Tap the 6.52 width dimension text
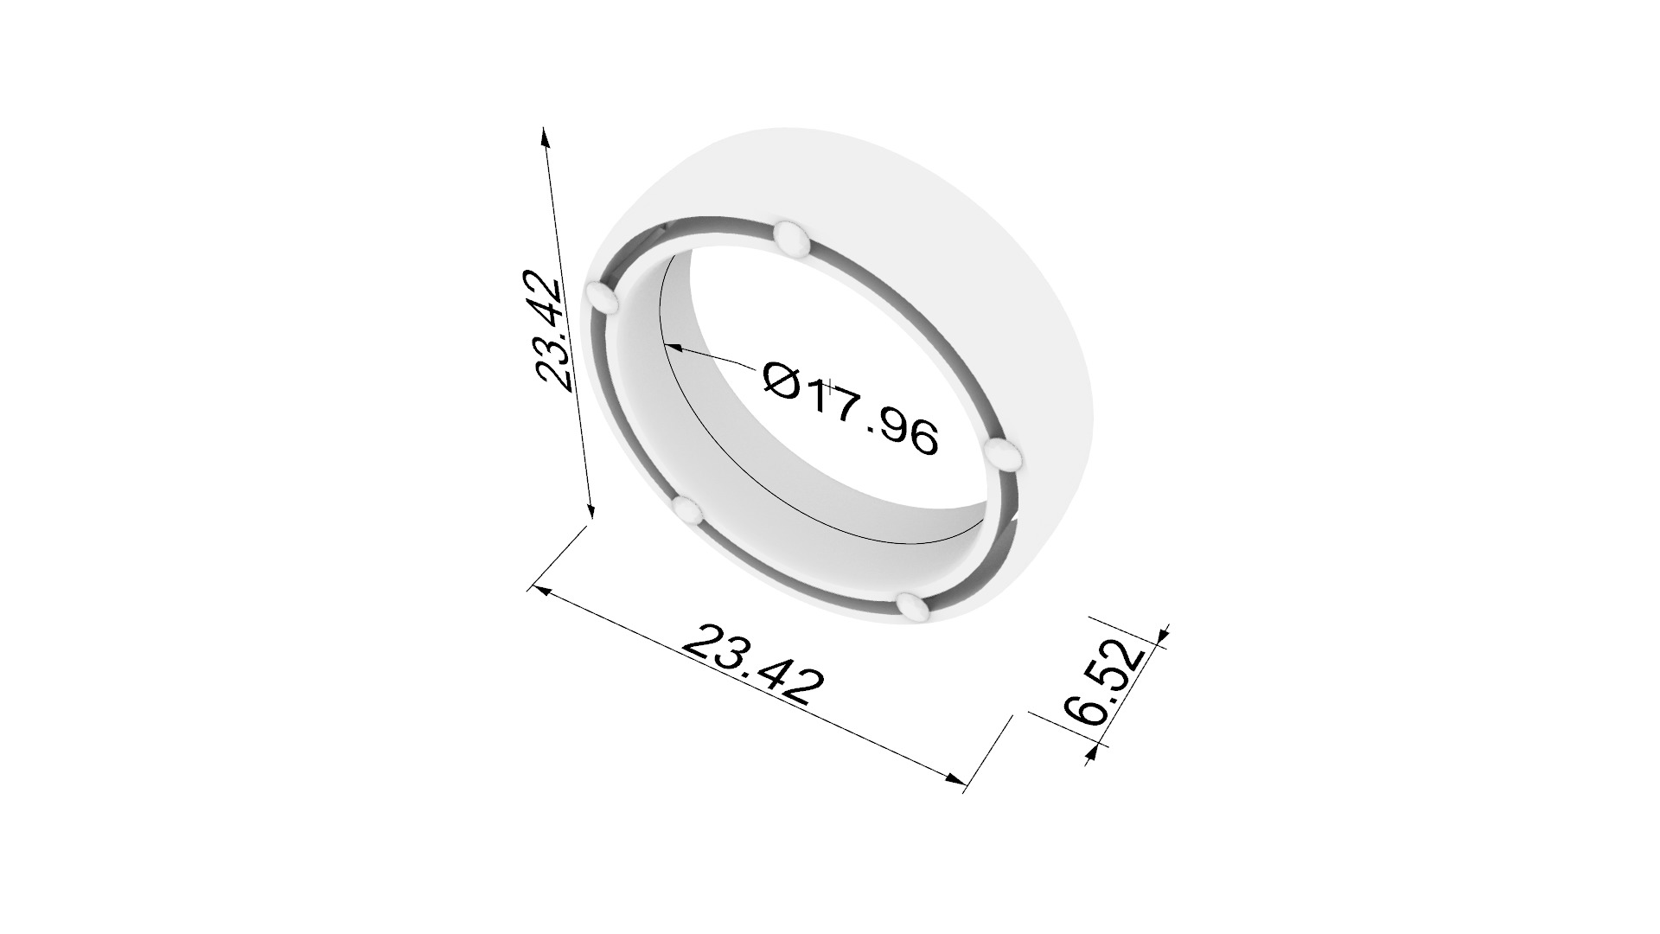1105,682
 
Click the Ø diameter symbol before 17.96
783,380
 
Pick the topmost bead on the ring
791,238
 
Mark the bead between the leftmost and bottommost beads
689,511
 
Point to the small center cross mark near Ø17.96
829,387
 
